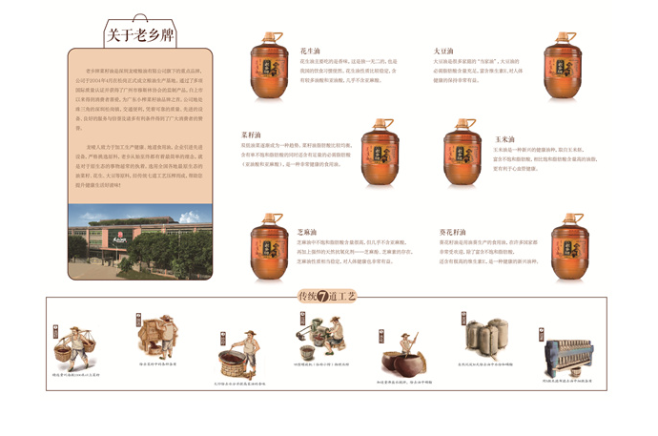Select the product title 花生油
[309, 49]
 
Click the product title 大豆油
[442, 49]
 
